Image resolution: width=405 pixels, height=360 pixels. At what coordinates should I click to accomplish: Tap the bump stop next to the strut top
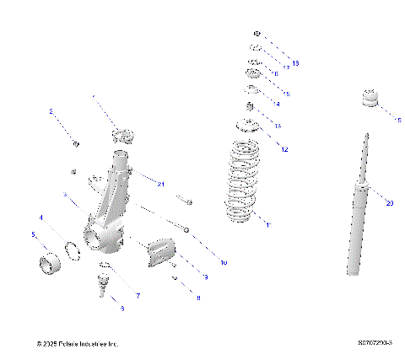tap(371, 99)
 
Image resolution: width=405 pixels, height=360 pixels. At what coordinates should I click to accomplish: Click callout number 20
tap(389, 202)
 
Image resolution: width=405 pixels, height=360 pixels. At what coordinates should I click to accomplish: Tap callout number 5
tap(33, 234)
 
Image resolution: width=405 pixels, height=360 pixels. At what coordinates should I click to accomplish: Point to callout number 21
tap(160, 184)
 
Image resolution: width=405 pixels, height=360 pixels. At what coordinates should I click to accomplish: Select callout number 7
tap(138, 295)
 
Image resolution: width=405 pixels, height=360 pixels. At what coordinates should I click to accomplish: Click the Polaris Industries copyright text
tap(78, 345)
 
